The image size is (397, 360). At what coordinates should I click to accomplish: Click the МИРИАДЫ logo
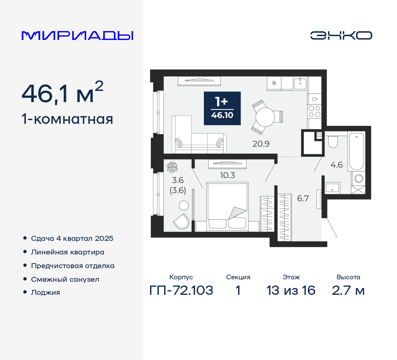point(78,36)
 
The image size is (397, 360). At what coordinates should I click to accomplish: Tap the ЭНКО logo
point(341,35)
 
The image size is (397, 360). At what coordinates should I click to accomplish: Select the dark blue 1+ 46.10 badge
point(222,108)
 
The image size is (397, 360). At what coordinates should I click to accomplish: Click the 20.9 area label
point(261,144)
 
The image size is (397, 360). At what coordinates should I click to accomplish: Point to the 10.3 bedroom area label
point(227,175)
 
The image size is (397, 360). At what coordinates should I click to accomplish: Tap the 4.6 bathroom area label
point(337,165)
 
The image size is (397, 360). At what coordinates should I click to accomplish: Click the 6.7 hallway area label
point(303,199)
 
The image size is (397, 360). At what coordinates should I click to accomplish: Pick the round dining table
point(265,117)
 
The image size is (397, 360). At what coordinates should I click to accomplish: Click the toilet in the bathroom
point(333,142)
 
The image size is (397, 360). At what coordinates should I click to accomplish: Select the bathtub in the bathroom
point(356,151)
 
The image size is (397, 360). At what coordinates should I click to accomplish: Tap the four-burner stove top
point(314,111)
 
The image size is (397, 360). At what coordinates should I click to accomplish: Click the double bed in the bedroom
point(227,206)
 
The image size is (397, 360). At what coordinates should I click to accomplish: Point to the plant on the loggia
point(172,167)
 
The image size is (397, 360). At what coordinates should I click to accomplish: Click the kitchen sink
point(300,83)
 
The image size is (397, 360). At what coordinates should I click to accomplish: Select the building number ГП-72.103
point(181,290)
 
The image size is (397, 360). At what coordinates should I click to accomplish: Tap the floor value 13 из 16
point(291,290)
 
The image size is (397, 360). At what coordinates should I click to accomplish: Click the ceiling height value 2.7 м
point(348,290)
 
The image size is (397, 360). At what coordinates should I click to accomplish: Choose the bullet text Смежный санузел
point(65,279)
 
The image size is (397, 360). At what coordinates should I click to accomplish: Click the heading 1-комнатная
point(67,119)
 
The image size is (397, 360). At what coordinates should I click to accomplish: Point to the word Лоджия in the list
point(46,293)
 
